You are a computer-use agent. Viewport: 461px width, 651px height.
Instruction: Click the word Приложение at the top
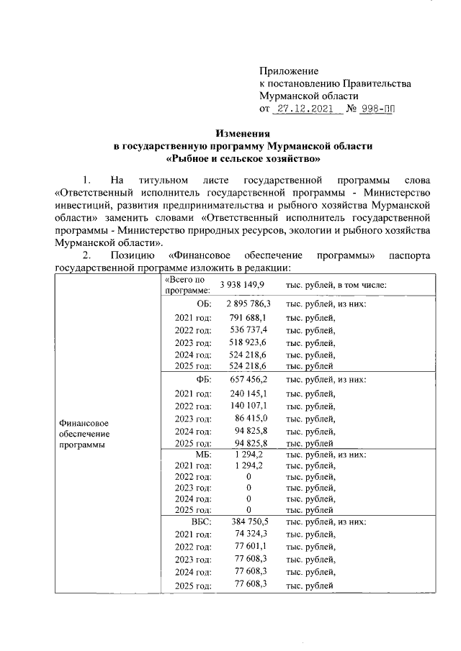(289, 71)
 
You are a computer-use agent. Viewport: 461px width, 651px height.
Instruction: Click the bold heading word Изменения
(243, 134)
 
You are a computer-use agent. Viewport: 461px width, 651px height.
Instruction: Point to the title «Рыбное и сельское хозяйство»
(243, 158)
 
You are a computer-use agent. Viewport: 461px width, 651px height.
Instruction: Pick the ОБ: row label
(203, 304)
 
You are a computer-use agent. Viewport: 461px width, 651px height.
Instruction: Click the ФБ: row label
(203, 379)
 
